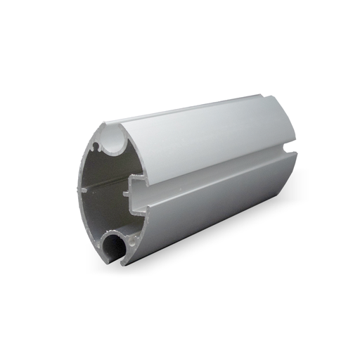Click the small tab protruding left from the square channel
pyautogui.click(x=124, y=191)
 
